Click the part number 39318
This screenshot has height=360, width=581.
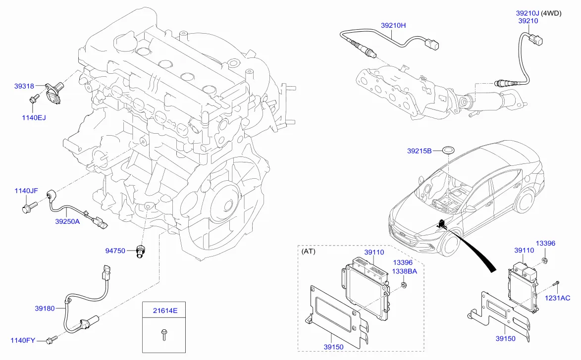click(24, 86)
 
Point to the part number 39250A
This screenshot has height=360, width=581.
click(67, 222)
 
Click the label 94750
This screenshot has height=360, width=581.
click(115, 251)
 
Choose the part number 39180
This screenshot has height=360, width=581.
click(45, 309)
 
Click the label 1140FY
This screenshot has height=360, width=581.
click(23, 340)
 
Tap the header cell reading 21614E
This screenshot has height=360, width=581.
click(164, 311)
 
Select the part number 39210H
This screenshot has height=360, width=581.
click(393, 25)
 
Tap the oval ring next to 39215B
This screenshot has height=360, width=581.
click(449, 149)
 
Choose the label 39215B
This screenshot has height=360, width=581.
click(420, 151)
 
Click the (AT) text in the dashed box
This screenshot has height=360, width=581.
click(308, 252)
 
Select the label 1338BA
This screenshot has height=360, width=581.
click(405, 271)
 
